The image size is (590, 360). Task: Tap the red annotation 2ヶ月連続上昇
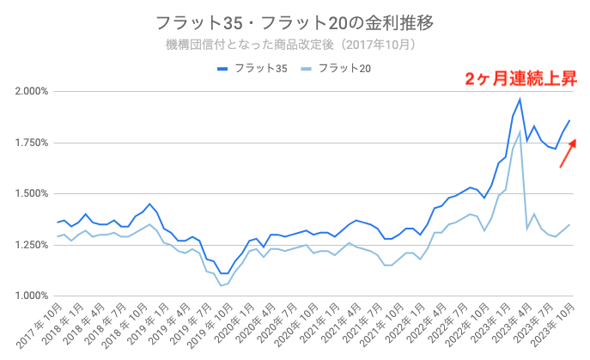[x=520, y=79]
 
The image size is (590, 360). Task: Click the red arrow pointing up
[x=568, y=152]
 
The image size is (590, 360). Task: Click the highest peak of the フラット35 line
[x=520, y=100]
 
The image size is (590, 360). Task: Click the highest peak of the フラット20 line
[x=520, y=132]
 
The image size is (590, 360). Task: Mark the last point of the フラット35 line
[x=569, y=120]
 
